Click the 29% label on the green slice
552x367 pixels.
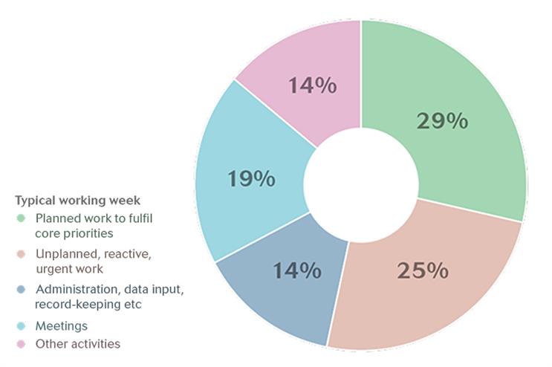point(442,120)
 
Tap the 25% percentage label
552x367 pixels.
point(423,270)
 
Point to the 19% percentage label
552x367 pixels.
point(251,178)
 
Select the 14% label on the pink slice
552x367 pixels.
point(313,85)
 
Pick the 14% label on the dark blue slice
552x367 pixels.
point(297,270)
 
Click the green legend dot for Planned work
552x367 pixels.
point(21,218)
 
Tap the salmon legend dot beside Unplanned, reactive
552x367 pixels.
point(21,254)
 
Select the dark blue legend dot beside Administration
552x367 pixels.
point(21,290)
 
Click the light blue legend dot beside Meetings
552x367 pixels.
point(21,326)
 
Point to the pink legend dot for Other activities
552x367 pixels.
point(21,344)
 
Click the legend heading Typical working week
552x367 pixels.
point(78,201)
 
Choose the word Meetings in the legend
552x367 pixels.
point(62,326)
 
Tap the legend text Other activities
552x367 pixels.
point(78,344)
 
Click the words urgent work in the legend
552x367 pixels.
point(70,269)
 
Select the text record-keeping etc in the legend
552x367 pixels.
point(88,305)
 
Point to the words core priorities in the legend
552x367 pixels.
point(74,233)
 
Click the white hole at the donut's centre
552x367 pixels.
point(361,185)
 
